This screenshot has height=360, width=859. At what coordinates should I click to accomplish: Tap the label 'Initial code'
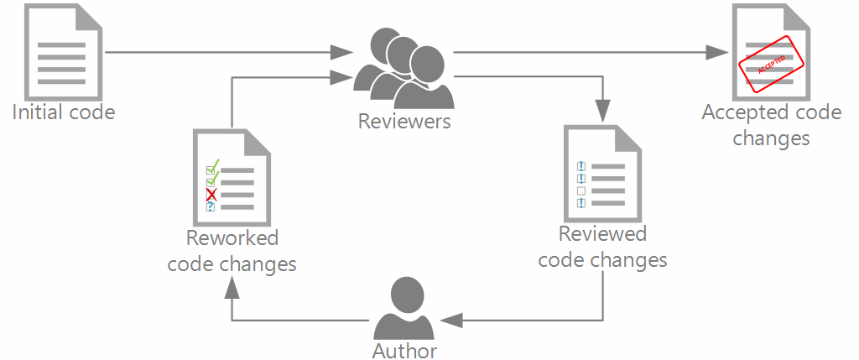coord(63,112)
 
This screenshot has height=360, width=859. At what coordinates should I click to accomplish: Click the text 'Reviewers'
coord(404,122)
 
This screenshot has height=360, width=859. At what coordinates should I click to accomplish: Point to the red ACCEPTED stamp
coord(771,64)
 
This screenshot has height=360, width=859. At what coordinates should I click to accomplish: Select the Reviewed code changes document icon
coord(603,173)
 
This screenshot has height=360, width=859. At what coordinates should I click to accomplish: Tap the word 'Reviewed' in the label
coord(602,234)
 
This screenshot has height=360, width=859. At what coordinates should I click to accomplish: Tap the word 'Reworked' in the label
coord(232,238)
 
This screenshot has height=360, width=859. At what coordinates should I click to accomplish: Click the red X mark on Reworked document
coord(211,195)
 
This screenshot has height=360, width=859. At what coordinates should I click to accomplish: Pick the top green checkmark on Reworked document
coord(212,166)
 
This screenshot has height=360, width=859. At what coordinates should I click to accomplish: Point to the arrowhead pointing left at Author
coord(450,320)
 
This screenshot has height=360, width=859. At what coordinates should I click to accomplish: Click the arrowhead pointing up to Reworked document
coord(232,288)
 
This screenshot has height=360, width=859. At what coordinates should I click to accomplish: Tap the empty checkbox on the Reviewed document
coord(580,190)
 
